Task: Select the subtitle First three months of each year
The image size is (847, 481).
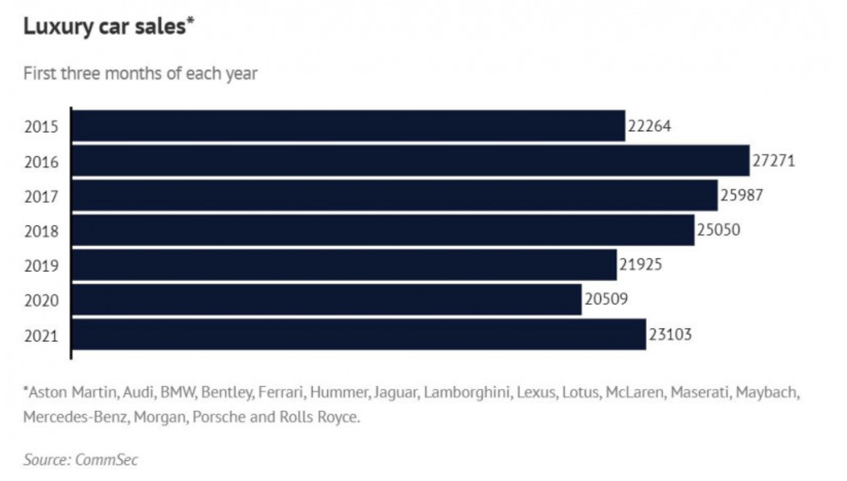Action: (x=140, y=73)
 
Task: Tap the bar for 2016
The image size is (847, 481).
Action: (x=411, y=160)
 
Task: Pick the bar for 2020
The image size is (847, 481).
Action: (x=327, y=299)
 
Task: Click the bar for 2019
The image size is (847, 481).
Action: (x=344, y=265)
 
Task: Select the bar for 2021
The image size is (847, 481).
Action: (x=359, y=334)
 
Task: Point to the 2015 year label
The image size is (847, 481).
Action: (x=41, y=127)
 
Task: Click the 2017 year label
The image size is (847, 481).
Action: (x=41, y=197)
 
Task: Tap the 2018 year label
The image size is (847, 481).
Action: (x=41, y=231)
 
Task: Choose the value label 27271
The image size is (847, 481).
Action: (x=774, y=161)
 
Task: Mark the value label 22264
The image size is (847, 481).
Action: (x=650, y=126)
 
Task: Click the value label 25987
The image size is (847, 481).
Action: (x=742, y=195)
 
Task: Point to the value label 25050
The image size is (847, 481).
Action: (x=718, y=230)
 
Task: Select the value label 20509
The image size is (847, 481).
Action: (x=607, y=299)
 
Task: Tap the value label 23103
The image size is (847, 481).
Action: (x=670, y=334)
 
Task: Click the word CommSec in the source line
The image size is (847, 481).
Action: (x=106, y=460)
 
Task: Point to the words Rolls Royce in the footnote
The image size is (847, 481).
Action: (x=319, y=417)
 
